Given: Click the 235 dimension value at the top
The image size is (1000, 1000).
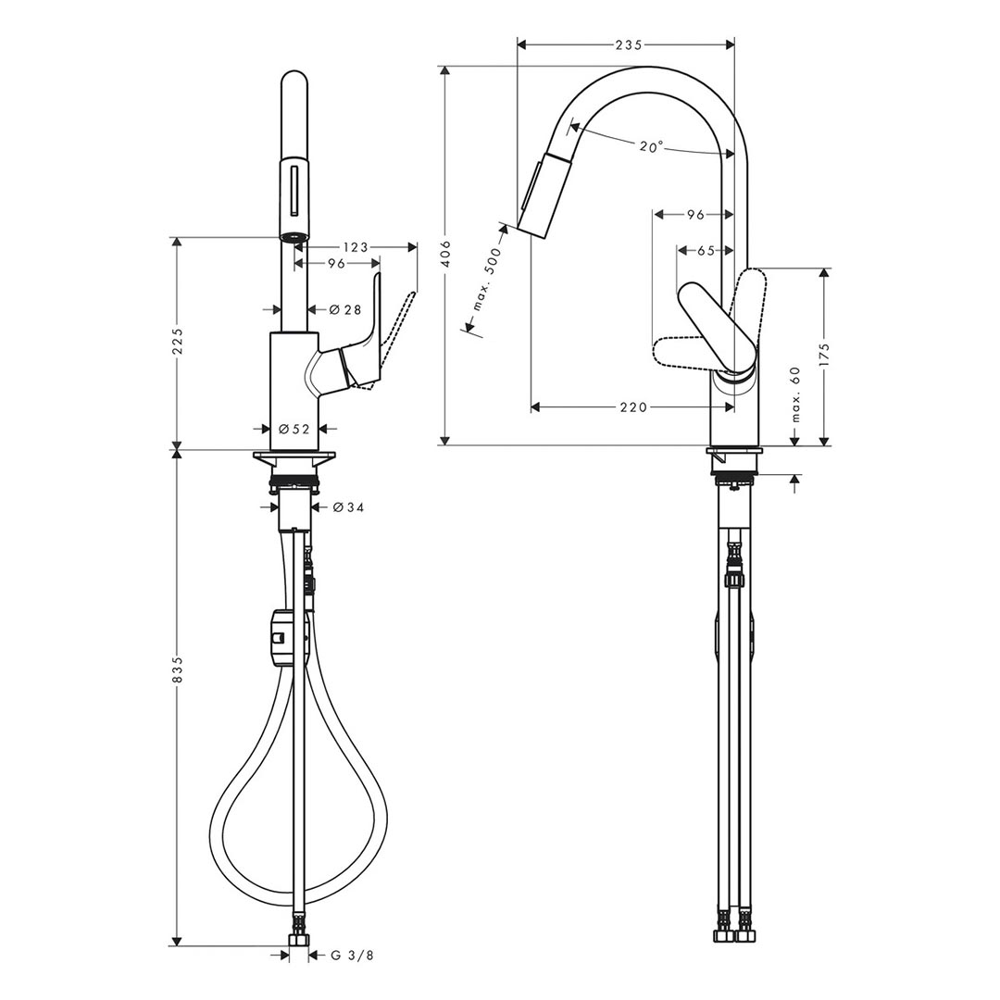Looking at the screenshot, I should coord(628,44).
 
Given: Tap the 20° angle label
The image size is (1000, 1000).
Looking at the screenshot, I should coord(650,146).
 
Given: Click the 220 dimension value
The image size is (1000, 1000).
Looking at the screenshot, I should coord(633,406).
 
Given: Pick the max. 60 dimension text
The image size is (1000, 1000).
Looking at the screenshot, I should coord(794,394).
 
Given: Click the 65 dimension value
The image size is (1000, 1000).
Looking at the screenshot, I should coord(706,249).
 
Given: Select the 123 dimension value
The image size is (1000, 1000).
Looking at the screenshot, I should coord(356,247).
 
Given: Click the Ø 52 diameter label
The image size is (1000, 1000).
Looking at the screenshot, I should coord(293,429).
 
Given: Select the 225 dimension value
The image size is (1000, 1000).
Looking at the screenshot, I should coord(176,344).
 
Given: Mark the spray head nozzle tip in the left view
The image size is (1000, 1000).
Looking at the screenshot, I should coord(293,237).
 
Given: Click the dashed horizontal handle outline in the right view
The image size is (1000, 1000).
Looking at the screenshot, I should coord(685,351).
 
